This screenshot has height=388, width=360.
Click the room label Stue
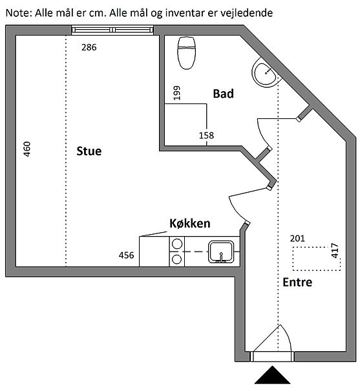89,151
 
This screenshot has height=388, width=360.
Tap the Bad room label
223,94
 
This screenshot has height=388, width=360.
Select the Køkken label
190,224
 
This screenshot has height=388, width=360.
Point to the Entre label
297,282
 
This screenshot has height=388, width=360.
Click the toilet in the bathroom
186,53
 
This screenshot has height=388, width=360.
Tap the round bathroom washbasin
266,73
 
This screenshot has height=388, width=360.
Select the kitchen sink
221,252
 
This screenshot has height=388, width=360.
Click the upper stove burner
177,244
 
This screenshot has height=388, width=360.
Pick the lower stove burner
177,259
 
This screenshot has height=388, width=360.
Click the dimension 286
89,47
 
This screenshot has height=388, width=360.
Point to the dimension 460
26,149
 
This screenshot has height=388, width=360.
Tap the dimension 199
176,92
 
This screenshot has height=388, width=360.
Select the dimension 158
206,135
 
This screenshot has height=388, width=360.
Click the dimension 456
126,255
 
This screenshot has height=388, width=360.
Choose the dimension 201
297,238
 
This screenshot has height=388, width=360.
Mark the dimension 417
335,250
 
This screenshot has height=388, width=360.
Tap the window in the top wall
112,30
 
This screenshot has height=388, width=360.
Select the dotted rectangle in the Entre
317,259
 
